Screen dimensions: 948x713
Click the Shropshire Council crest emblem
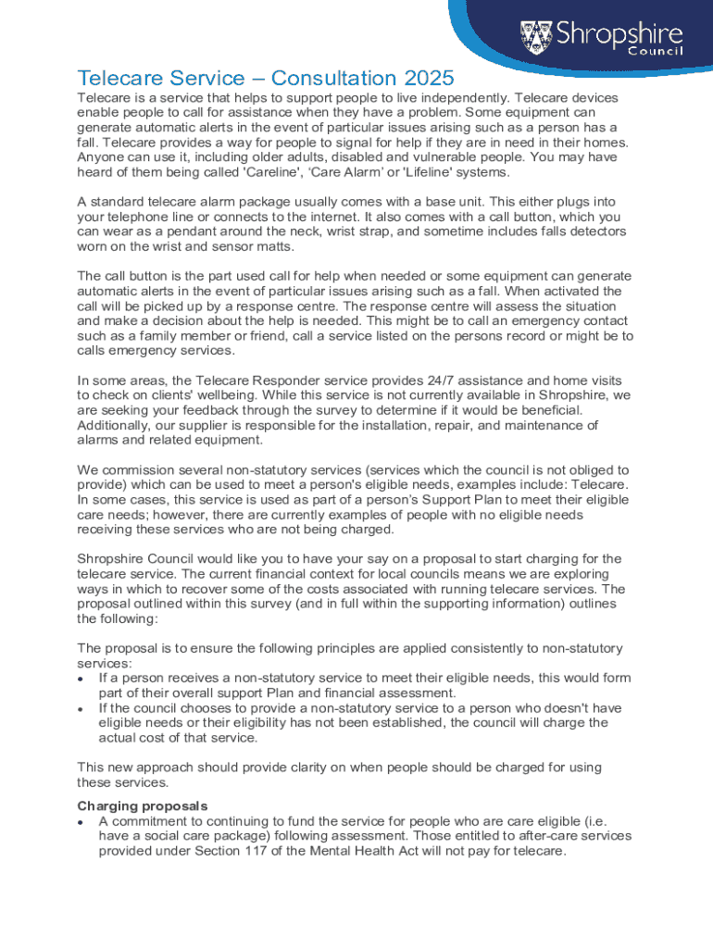[x=538, y=37]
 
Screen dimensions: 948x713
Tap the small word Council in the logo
[x=656, y=51]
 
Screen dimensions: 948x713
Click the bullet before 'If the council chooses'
[x=82, y=708]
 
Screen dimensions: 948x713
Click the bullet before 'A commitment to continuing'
[x=82, y=821]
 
